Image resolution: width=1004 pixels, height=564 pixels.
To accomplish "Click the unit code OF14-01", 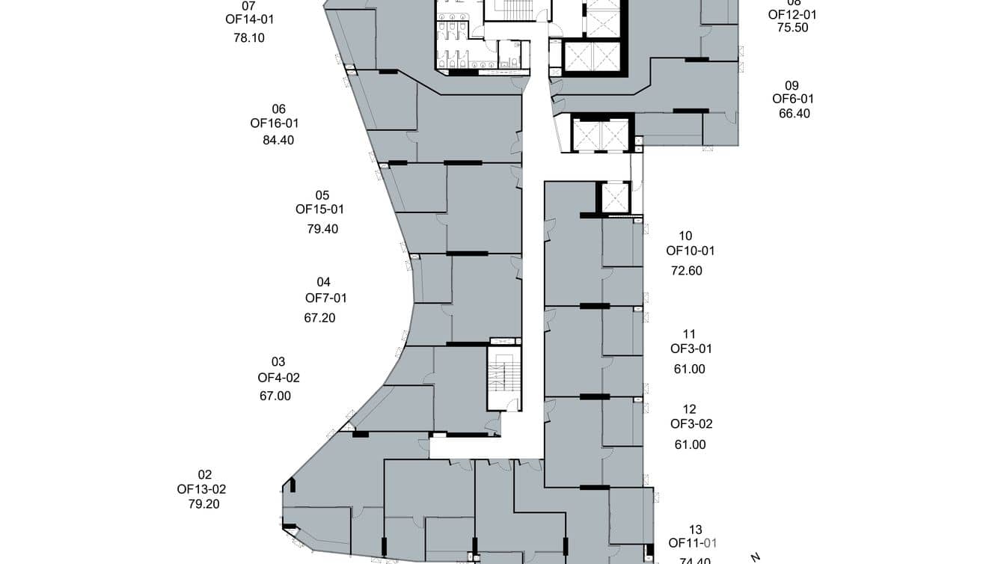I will click(x=250, y=20).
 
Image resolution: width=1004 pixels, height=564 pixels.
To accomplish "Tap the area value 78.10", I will click(x=249, y=38).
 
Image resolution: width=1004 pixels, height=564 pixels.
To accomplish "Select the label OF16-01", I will click(x=275, y=123).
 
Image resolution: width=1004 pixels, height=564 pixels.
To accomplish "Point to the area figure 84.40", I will click(x=278, y=140).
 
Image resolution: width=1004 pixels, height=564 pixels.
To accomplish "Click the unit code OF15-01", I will click(x=319, y=209).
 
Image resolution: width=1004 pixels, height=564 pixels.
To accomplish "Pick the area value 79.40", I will click(x=322, y=229).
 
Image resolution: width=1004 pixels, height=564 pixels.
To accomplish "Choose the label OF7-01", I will click(x=325, y=298).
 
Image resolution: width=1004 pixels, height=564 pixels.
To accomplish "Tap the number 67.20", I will click(x=319, y=318).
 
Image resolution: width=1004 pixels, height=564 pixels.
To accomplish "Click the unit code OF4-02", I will click(x=278, y=378).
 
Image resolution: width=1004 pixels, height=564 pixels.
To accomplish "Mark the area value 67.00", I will click(x=275, y=396).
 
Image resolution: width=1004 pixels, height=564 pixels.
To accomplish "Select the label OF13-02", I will click(x=201, y=489).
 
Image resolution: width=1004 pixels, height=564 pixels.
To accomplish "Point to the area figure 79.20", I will click(x=204, y=504).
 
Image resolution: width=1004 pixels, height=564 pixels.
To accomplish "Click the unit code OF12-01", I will click(x=792, y=14).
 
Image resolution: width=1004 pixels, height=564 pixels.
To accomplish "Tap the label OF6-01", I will click(x=793, y=99).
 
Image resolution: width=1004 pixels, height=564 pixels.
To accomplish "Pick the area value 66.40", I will click(x=795, y=114).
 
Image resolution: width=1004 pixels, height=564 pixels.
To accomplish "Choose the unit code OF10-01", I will click(x=691, y=251).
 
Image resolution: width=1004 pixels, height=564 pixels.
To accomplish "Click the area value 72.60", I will click(x=687, y=271).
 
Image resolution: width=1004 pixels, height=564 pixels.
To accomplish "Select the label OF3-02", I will click(x=691, y=424).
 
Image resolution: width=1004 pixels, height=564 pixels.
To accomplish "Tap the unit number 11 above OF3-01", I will click(x=689, y=334).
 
